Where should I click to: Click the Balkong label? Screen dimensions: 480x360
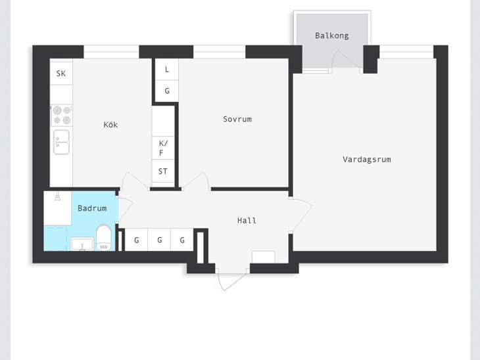(332, 35)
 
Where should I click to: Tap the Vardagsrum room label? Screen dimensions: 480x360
(366, 160)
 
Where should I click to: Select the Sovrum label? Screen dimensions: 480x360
(237, 119)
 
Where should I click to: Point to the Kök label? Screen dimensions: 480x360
(110, 124)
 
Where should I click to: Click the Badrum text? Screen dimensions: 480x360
(92, 208)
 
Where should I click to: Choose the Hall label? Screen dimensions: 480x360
(247, 220)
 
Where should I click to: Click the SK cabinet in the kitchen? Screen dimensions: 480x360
(61, 73)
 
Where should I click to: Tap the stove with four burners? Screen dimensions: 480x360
(62, 116)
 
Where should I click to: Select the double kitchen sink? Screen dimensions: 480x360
(62, 142)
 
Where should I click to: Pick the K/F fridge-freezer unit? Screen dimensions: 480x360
(163, 148)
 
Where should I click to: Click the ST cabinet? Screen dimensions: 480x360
(163, 171)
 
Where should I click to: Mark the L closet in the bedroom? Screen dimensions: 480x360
(167, 70)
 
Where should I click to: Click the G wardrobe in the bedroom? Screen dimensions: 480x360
(167, 91)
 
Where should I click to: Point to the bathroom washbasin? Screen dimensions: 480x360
(82, 244)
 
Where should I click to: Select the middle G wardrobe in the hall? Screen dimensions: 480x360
(159, 240)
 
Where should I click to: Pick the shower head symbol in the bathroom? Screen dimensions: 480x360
(57, 196)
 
